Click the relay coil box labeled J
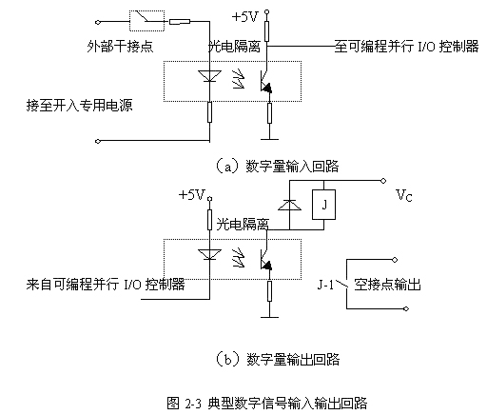323,205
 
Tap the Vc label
404,195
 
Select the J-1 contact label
325,285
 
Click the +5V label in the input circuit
245,17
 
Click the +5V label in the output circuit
192,194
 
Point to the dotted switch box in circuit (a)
146,21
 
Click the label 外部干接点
120,47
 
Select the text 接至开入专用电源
79,105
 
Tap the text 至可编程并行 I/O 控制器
406,47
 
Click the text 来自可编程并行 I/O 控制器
106,284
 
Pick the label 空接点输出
387,285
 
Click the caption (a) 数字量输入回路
277,167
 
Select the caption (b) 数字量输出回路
278,359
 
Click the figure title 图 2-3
184,404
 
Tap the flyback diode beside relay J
289,205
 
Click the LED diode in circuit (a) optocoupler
209,76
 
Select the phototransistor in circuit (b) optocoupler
265,259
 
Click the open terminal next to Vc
383,181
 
